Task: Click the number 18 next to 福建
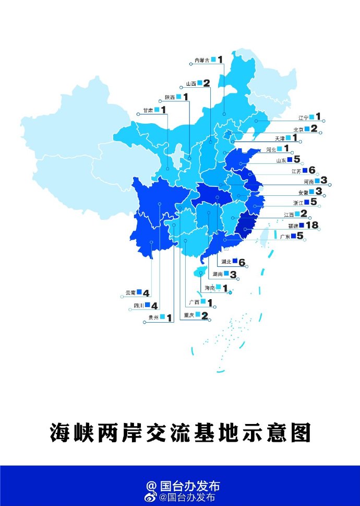(313, 225)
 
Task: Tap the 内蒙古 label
(201, 61)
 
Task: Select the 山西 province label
(191, 84)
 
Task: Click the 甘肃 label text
(148, 111)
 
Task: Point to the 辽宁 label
(303, 117)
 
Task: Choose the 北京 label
(298, 129)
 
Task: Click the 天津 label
(280, 138)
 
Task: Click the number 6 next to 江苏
(312, 170)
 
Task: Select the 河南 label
(308, 182)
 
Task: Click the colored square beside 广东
(293, 236)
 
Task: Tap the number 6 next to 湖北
(242, 262)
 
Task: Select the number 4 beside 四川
(154, 305)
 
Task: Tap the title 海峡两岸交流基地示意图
(180, 432)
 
